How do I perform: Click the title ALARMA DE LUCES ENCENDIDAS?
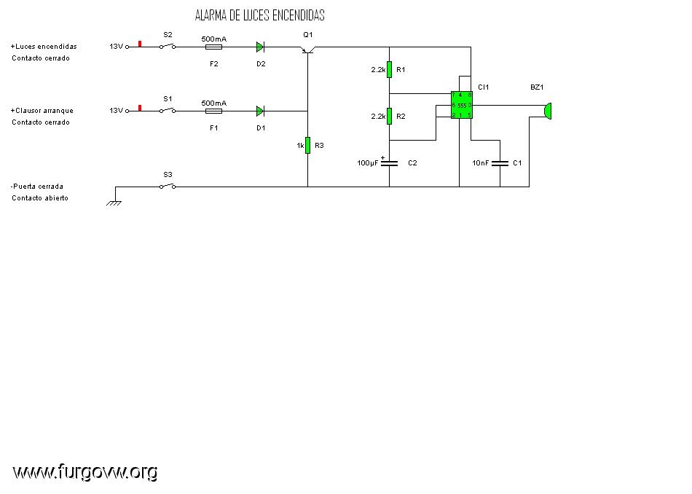pos(259,15)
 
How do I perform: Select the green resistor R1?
pos(389,69)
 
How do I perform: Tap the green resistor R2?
pos(389,116)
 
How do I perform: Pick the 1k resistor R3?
pos(307,145)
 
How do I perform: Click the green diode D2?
pos(260,47)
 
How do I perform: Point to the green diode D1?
pos(260,111)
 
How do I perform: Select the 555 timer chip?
pos(462,105)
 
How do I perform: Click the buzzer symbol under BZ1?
pos(548,110)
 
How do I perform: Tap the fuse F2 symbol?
pos(214,47)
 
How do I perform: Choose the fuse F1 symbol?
pos(214,111)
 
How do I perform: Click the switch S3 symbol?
pos(168,187)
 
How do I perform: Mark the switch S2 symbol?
pos(168,46)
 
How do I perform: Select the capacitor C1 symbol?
pos(500,163)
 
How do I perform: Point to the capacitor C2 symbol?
pos(389,163)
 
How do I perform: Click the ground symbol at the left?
pos(114,202)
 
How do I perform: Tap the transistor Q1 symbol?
pos(307,50)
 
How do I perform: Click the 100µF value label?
pos(367,163)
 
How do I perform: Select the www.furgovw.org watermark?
pos(85,472)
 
